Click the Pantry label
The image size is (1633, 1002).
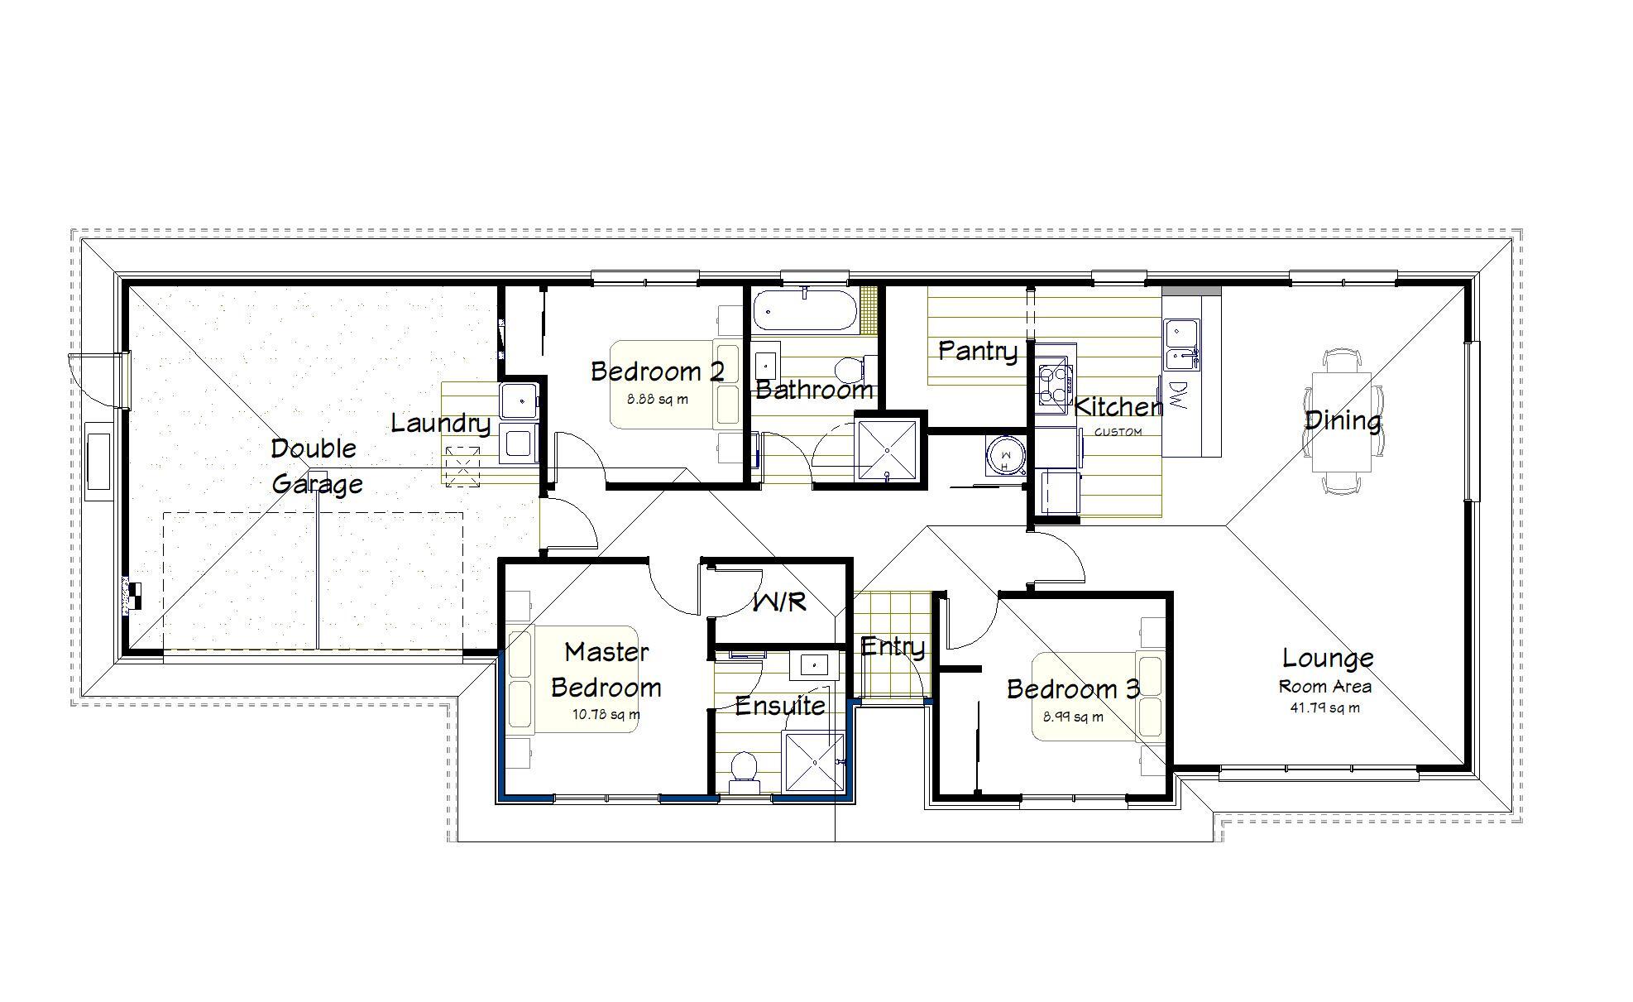click(977, 352)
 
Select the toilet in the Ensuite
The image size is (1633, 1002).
click(745, 769)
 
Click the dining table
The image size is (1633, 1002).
click(1341, 421)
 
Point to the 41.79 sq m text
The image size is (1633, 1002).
click(1324, 708)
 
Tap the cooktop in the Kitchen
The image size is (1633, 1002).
click(1053, 385)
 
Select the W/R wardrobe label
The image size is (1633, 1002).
click(779, 602)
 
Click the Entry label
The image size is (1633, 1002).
click(892, 646)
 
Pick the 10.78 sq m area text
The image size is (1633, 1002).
click(606, 715)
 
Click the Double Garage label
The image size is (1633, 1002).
click(316, 466)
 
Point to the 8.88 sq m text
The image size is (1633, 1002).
click(657, 399)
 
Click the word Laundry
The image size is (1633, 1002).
click(440, 424)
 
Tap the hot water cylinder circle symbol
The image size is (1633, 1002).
click(1006, 456)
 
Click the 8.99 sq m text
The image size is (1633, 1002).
click(1072, 717)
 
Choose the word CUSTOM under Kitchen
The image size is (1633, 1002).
click(1118, 432)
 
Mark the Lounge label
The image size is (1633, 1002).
click(1327, 659)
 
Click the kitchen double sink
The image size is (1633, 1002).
click(1181, 346)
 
